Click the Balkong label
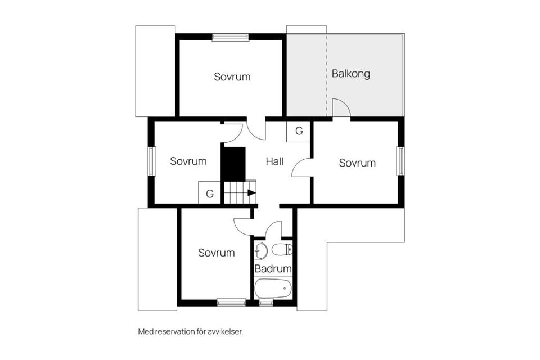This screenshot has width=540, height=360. pyautogui.click(x=351, y=74)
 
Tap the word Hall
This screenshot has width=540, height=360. pyautogui.click(x=274, y=161)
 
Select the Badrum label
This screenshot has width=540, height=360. pyautogui.click(x=273, y=268)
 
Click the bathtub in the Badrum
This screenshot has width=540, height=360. pyautogui.click(x=273, y=289)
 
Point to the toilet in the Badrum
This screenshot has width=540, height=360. pyautogui.click(x=282, y=249)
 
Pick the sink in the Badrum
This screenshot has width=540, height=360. pyautogui.click(x=260, y=250)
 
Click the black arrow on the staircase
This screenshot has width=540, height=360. pyautogui.click(x=252, y=193)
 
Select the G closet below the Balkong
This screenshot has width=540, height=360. pyautogui.click(x=299, y=131)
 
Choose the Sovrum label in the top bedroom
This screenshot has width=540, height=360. pyautogui.click(x=232, y=76)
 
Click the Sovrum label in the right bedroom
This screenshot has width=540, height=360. pyautogui.click(x=357, y=163)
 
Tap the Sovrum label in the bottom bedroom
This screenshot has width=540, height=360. pyautogui.click(x=216, y=253)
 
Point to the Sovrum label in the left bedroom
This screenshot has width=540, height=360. pyautogui.click(x=188, y=161)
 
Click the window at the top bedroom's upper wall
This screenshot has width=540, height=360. pyautogui.click(x=231, y=37)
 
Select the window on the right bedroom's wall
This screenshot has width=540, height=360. pyautogui.click(x=400, y=161)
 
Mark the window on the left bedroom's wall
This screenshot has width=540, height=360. pyautogui.click(x=152, y=161)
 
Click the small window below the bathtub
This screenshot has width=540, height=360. pyautogui.click(x=265, y=303)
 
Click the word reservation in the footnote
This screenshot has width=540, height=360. pyautogui.click(x=175, y=332)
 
